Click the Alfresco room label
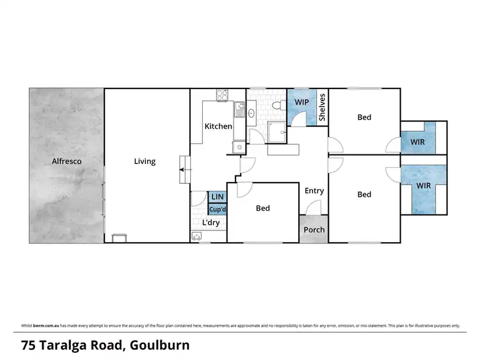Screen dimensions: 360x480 pyautogui.click(x=67, y=161)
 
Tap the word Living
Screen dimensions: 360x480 pyautogui.click(x=145, y=161)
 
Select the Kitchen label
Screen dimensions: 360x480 pyautogui.click(x=218, y=126)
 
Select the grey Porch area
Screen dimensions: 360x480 pyautogui.click(x=314, y=230)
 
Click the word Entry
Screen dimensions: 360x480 pyautogui.click(x=314, y=191)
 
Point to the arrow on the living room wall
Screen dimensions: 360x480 pyautogui.click(x=184, y=170)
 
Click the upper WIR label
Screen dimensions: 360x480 pyautogui.click(x=417, y=141)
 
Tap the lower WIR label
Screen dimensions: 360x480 pyautogui.click(x=424, y=186)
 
